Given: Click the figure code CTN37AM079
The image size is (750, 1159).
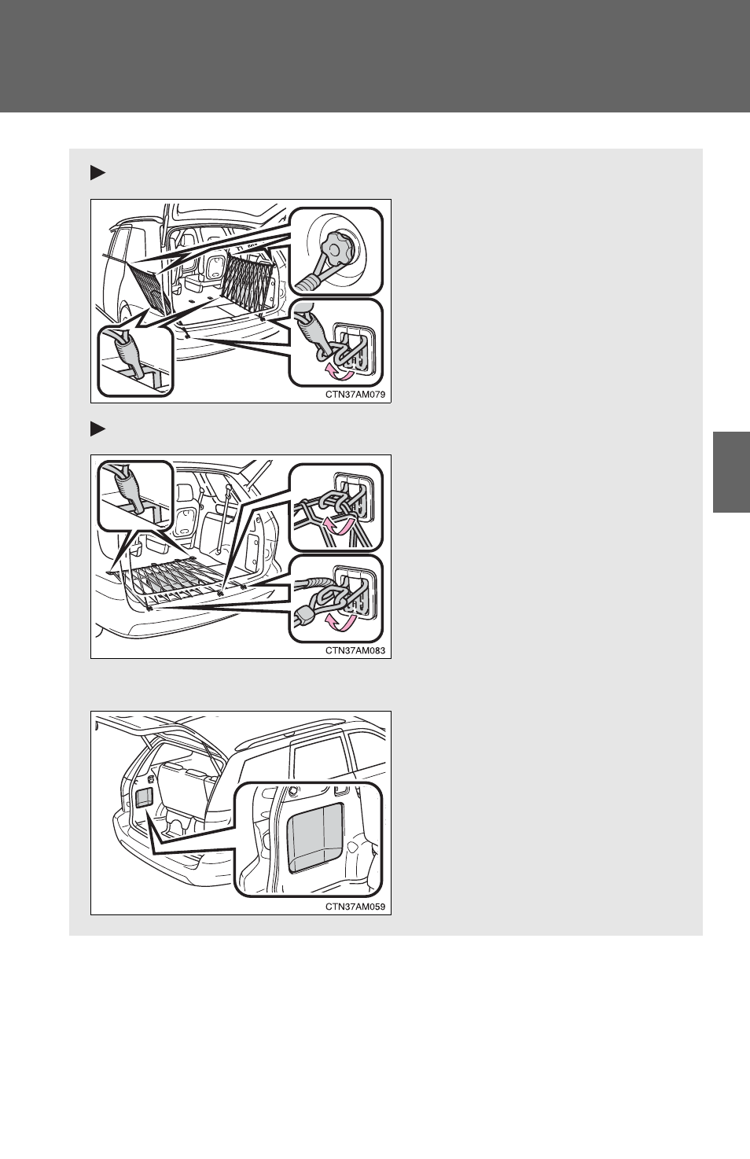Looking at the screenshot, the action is pos(355,394).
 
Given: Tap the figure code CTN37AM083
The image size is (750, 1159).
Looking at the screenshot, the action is pos(355,650).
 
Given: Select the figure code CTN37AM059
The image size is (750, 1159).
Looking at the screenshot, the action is pos(355,907).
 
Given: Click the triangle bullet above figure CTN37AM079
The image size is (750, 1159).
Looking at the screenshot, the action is pos(97,173).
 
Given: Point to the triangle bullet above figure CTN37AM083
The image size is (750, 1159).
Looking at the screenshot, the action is pos(97,429).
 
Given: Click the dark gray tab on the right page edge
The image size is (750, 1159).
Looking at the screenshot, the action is pos(731,472).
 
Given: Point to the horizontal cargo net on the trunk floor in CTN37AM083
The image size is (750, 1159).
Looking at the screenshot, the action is pos(171,579).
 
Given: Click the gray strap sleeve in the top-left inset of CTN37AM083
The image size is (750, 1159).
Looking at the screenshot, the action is pos(128,488).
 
